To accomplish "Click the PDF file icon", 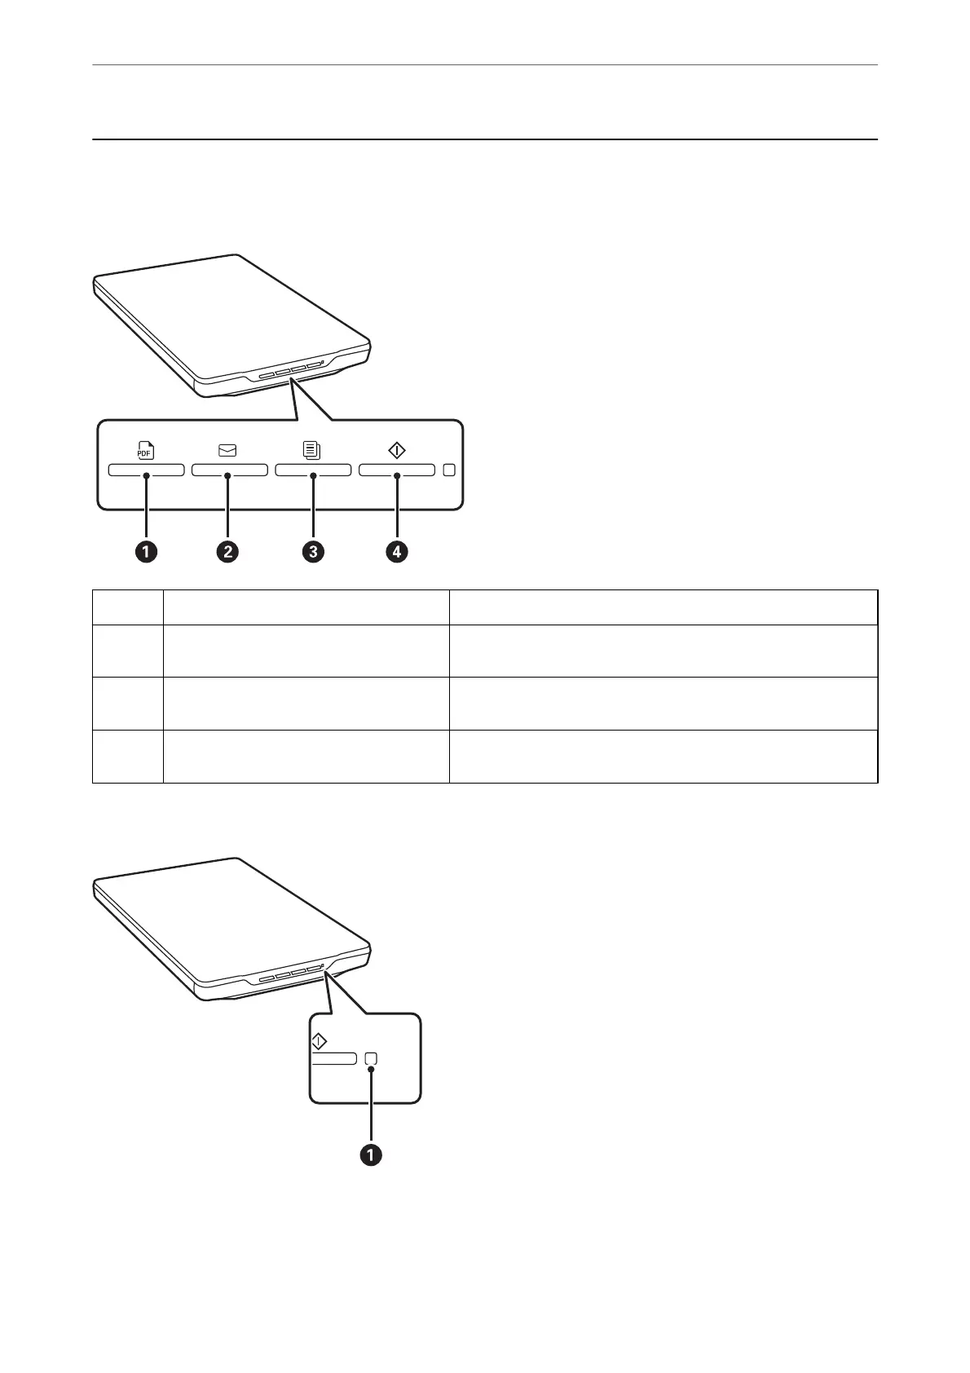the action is pyautogui.click(x=145, y=451).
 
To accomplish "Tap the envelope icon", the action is pyautogui.click(x=227, y=450).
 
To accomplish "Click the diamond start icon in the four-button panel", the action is pyautogui.click(x=396, y=450).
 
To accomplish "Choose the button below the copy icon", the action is pyautogui.click(x=313, y=470).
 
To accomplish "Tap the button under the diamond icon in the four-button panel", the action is pyautogui.click(x=397, y=470).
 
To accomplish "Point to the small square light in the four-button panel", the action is pyautogui.click(x=450, y=470).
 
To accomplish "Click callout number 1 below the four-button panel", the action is pyautogui.click(x=146, y=552).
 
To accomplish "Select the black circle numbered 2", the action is pyautogui.click(x=227, y=552).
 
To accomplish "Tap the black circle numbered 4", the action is pyautogui.click(x=397, y=552).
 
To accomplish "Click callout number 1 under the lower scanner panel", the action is pyautogui.click(x=371, y=1155).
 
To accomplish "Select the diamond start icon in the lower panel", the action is pyautogui.click(x=319, y=1041).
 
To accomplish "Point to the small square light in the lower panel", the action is pyautogui.click(x=371, y=1058).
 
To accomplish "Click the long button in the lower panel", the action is pyautogui.click(x=334, y=1058).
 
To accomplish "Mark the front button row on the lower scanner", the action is pyautogui.click(x=289, y=976).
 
